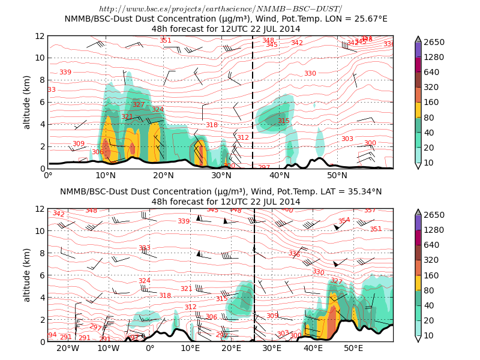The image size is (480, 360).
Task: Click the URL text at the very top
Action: point(220,8)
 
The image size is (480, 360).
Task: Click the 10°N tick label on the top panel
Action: point(106,175)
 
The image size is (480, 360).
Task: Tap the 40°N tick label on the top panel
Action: point(280,175)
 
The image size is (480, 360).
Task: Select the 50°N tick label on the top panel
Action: point(337,175)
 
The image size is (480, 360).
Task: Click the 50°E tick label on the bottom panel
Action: point(353,348)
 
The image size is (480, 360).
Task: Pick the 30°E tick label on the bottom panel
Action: point(272,348)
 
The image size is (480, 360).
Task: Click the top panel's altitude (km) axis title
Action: point(27,102)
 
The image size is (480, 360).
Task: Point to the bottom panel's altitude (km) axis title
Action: point(27,275)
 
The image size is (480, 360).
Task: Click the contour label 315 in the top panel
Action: point(283,121)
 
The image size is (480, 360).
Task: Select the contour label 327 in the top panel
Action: point(139,104)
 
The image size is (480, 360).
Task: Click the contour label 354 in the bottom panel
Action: point(344,221)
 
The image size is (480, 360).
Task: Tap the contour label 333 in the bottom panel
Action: point(145,248)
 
